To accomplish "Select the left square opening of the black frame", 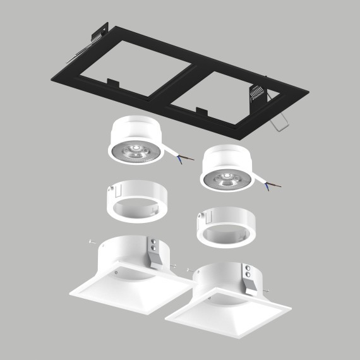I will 126,69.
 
